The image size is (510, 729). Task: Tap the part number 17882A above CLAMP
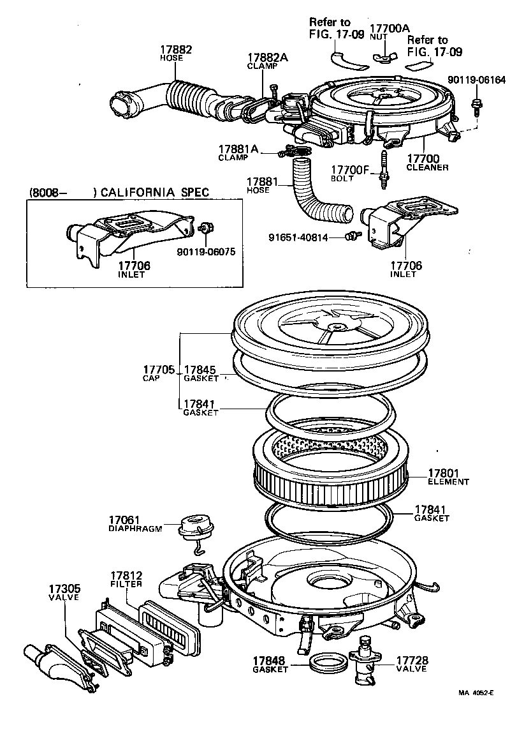click(x=268, y=57)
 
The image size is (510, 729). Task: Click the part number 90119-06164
click(x=476, y=80)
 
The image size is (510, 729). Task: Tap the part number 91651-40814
click(x=299, y=237)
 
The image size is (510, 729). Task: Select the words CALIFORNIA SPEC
click(x=155, y=193)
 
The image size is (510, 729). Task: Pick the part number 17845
click(x=200, y=370)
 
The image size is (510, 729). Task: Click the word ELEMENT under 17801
click(x=448, y=482)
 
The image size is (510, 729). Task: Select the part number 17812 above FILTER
click(x=126, y=575)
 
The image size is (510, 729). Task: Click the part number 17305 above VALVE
click(x=64, y=589)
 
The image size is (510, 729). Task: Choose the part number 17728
click(x=412, y=660)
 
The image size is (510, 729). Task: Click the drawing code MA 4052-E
click(x=476, y=710)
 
